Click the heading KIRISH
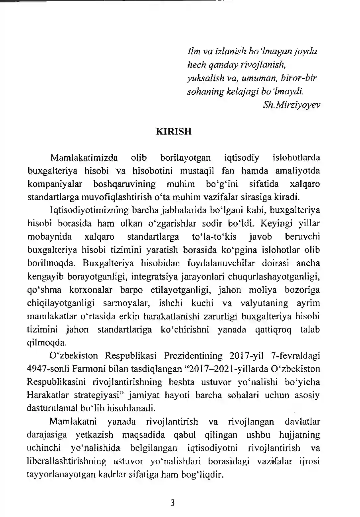[174, 131]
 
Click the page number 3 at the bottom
[172, 503]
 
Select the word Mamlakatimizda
[84, 158]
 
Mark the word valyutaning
[265, 303]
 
